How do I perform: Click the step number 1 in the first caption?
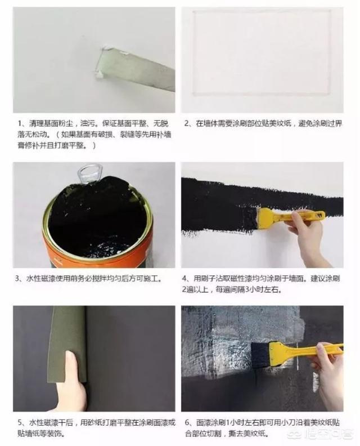coord(20,124)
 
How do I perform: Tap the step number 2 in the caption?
coord(187,124)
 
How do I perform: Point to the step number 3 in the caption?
coord(17,279)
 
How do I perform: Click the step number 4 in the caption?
coord(184,278)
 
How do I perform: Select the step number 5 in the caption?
coord(20,423)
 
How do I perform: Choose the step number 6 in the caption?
coord(187,423)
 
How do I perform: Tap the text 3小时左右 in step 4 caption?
coord(263,290)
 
